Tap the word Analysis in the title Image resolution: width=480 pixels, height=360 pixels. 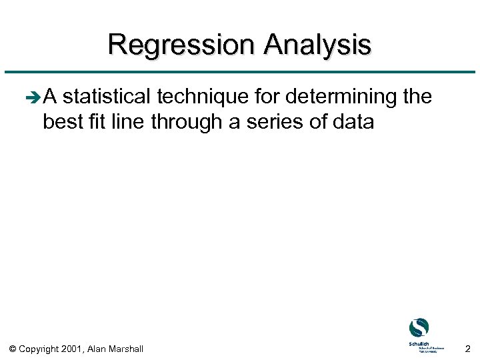point(317,45)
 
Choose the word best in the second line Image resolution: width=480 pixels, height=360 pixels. point(61,122)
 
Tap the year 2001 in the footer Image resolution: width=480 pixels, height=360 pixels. point(72,349)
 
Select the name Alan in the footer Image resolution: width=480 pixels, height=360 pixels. point(99,349)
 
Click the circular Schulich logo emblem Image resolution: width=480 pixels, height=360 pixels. point(419,328)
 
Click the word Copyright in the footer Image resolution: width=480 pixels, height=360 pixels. point(39,349)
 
